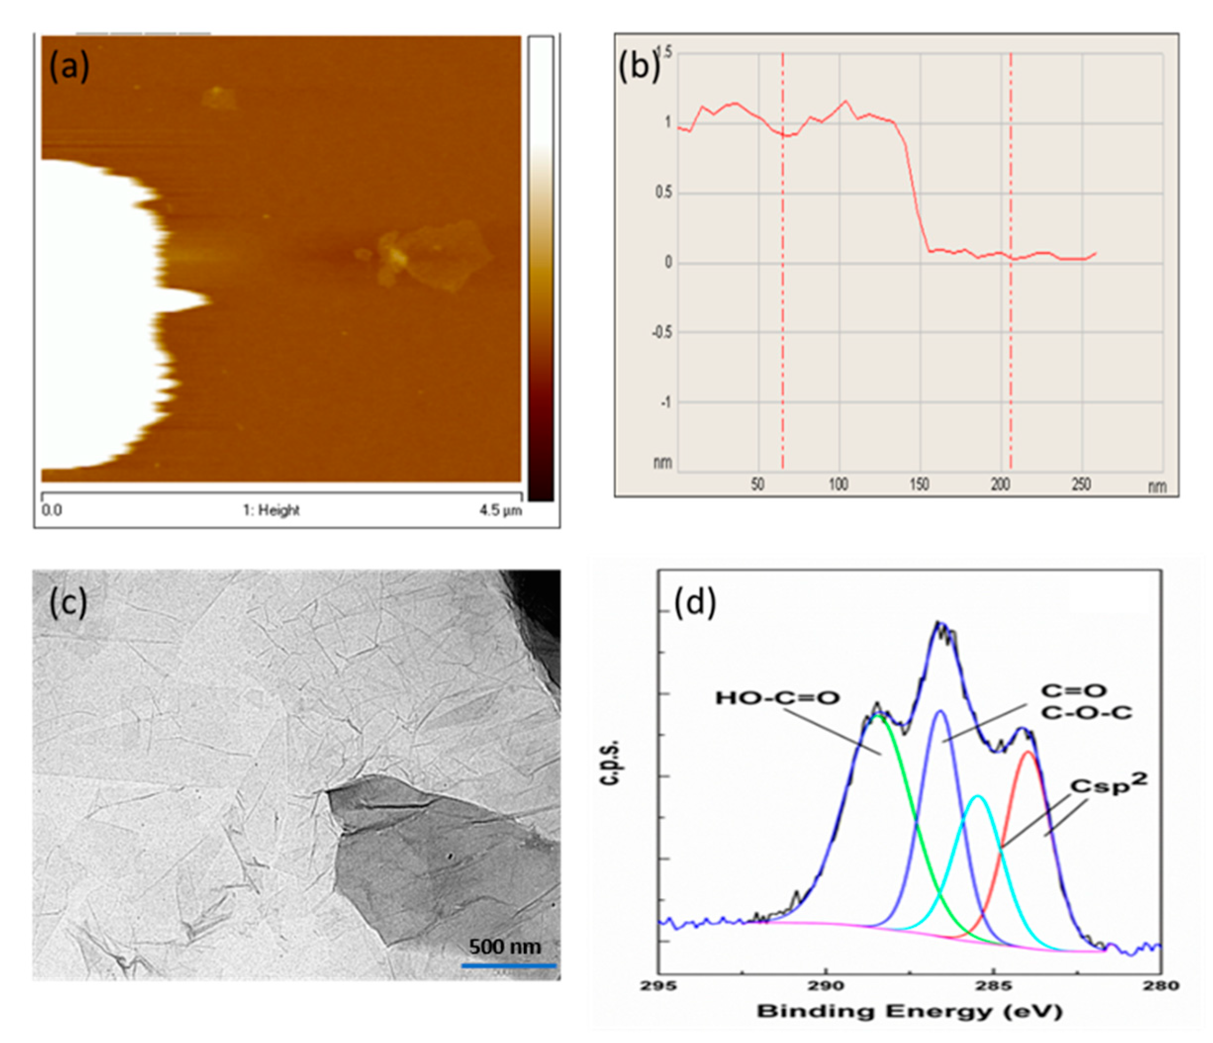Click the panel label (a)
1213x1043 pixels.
point(69,66)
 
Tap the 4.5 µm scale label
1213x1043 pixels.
point(501,510)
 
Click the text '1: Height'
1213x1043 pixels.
point(271,510)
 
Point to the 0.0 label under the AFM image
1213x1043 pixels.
point(51,510)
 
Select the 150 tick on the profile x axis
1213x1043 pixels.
point(920,484)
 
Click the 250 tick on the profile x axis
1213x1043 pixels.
point(1081,484)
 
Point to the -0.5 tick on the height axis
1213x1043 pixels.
point(661,332)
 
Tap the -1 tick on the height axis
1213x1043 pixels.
point(666,402)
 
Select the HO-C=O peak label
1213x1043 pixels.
point(778,698)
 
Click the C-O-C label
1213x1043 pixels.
point(1086,714)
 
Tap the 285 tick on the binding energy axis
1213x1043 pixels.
point(993,986)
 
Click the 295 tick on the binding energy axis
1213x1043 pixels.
point(658,986)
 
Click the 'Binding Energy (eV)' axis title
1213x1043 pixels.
point(909,1011)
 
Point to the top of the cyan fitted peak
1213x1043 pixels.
point(977,796)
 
